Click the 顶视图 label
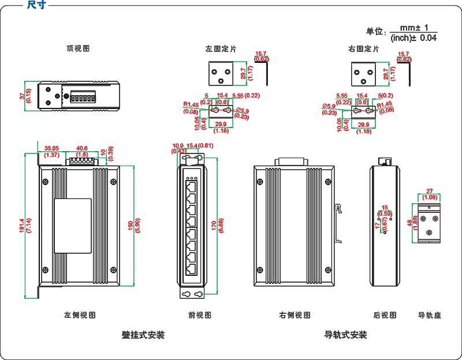tap(79, 49)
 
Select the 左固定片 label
tap(221, 50)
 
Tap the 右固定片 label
tap(364, 50)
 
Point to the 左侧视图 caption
tap(80, 316)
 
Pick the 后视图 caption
tap(385, 316)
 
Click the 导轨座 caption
tap(430, 316)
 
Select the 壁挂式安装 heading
tap(143, 335)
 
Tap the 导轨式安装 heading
tap(346, 335)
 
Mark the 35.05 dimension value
tap(53, 148)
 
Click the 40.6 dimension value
tap(82, 148)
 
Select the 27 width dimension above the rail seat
tap(429, 191)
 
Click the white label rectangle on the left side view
tap(73, 226)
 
